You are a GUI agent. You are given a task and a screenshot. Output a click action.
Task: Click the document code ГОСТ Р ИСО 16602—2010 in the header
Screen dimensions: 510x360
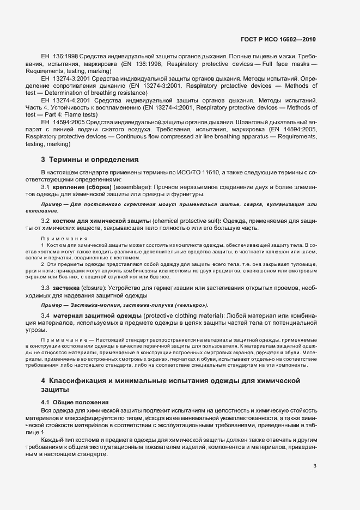click(278, 40)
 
